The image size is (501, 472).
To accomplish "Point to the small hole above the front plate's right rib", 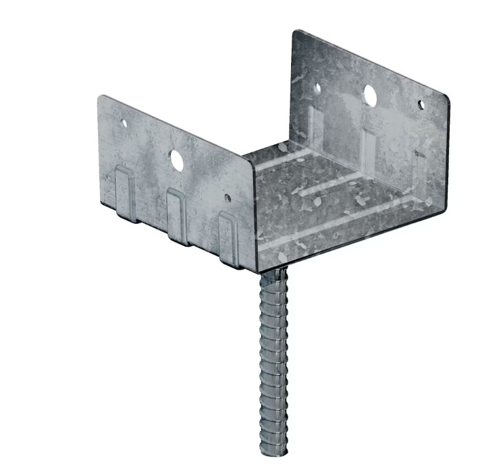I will click(x=228, y=199).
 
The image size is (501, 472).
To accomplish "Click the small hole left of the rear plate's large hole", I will click(x=318, y=87).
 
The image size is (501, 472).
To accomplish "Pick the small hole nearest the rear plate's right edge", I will click(x=421, y=105).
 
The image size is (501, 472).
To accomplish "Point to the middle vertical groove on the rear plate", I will click(x=368, y=145).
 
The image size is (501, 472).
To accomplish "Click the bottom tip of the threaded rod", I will click(x=273, y=456).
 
